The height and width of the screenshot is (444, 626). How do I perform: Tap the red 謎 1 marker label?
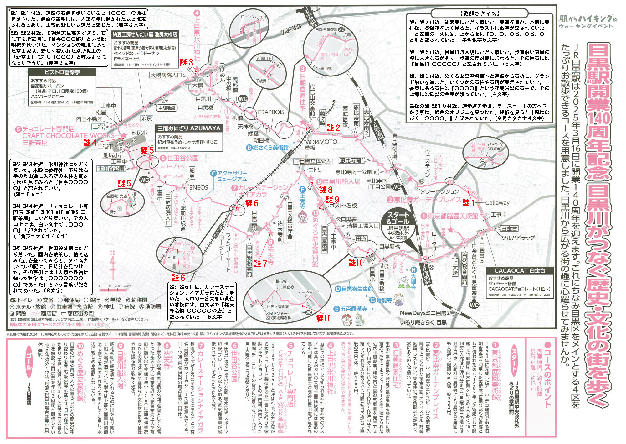click(x=468, y=203)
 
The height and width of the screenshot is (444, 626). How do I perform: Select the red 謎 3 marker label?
click(x=187, y=62)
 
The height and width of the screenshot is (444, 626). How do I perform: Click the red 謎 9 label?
click(x=332, y=199)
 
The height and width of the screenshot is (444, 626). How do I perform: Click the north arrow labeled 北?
click(x=113, y=264)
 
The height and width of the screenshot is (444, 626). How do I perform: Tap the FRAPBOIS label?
click(x=271, y=112)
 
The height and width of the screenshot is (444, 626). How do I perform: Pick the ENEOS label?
click(x=198, y=187)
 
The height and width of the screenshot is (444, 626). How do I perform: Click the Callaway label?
click(x=497, y=203)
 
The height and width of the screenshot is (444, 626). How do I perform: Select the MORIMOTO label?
click(x=321, y=142)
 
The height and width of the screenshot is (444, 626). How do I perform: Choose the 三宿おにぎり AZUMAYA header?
click(x=189, y=128)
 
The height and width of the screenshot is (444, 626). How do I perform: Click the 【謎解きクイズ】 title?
click(x=480, y=13)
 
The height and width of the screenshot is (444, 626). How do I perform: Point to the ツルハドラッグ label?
click(x=518, y=238)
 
